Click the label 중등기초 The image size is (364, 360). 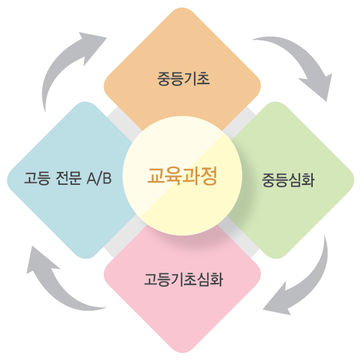(x=184, y=79)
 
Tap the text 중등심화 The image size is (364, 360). (x=288, y=180)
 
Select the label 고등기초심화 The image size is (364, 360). (x=184, y=279)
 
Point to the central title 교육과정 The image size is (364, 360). (x=183, y=176)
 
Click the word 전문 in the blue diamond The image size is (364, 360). (x=69, y=178)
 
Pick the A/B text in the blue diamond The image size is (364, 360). (x=99, y=178)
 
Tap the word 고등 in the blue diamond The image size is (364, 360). (x=37, y=178)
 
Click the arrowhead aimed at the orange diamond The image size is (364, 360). (x=93, y=46)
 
